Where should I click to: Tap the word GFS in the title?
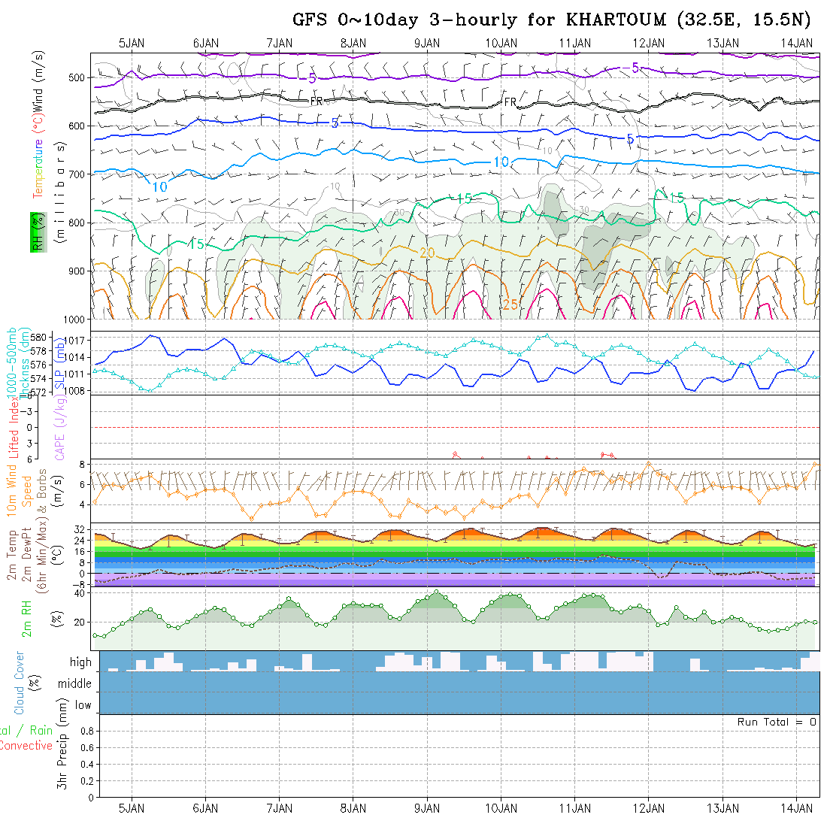(x=311, y=20)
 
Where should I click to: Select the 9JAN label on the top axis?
(x=427, y=43)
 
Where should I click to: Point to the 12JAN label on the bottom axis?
(x=649, y=808)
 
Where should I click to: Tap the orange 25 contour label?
(x=510, y=304)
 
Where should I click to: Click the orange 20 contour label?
(x=427, y=253)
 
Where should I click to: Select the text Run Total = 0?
(x=777, y=722)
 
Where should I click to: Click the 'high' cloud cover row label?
(x=80, y=662)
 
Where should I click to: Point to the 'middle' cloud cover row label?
(x=75, y=684)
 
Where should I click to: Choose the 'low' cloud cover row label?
(x=83, y=705)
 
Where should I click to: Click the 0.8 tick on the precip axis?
(x=84, y=731)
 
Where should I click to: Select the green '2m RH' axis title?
(x=26, y=619)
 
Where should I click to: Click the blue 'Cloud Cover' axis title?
(x=20, y=683)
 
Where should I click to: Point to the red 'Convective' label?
(x=26, y=746)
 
